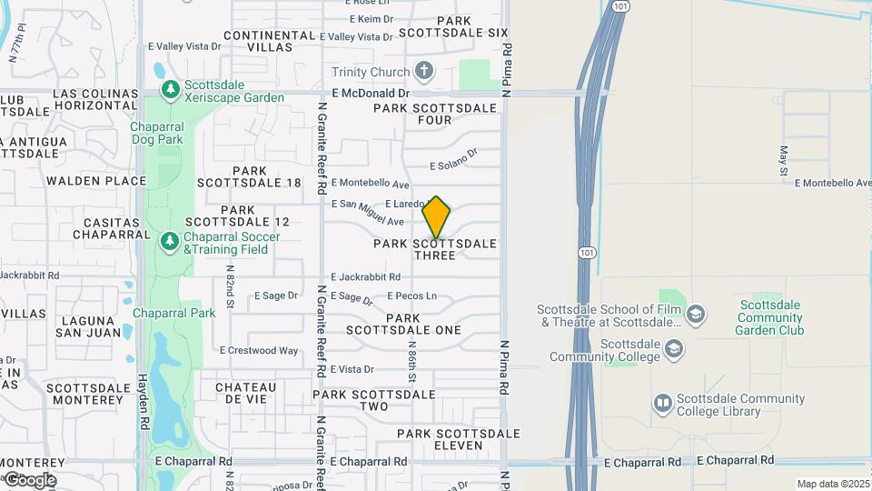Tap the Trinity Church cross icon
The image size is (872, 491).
pyautogui.click(x=423, y=71)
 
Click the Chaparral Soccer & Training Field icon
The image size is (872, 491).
pyautogui.click(x=169, y=242)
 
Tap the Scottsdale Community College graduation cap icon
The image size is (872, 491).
pyautogui.click(x=673, y=348)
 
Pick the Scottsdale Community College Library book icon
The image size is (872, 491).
pyautogui.click(x=662, y=403)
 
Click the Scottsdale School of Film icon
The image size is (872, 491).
pyautogui.click(x=696, y=315)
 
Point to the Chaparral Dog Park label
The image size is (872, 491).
pyautogui.click(x=169, y=133)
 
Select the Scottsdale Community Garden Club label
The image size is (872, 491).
pyautogui.click(x=770, y=317)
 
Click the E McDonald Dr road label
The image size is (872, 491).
pyautogui.click(x=371, y=93)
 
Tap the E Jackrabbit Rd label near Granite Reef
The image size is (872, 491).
pyautogui.click(x=366, y=276)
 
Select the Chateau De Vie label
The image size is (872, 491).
pyautogui.click(x=246, y=393)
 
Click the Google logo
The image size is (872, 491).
pyautogui.click(x=30, y=480)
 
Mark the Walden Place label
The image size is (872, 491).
pyautogui.click(x=96, y=181)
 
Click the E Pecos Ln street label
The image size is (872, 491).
pyautogui.click(x=412, y=296)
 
